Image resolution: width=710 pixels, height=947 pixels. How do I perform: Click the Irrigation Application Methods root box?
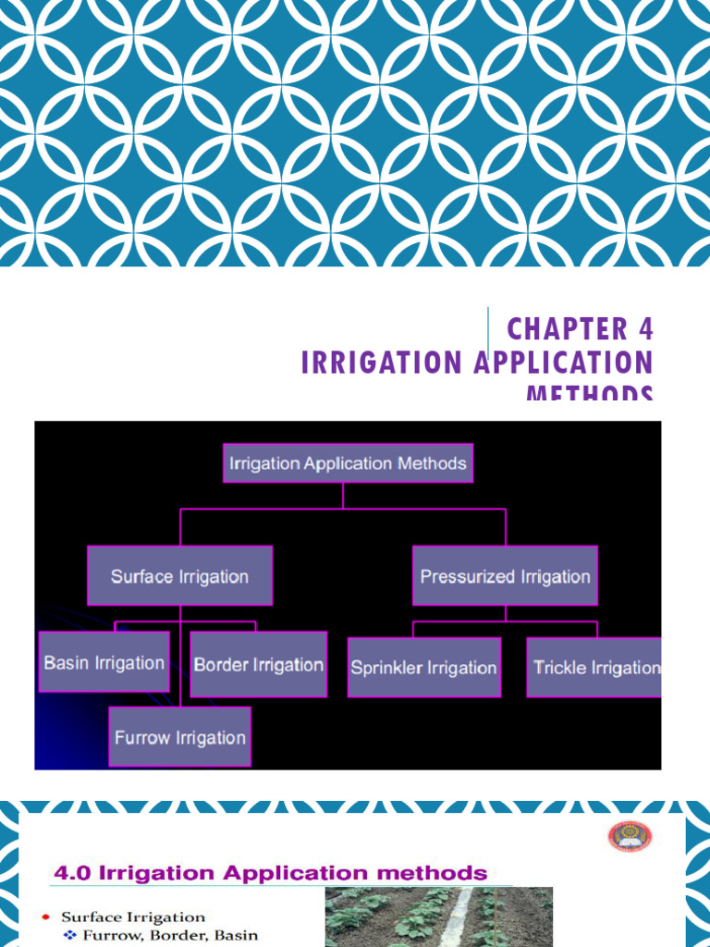(348, 462)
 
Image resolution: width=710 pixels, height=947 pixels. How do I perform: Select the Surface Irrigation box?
(180, 576)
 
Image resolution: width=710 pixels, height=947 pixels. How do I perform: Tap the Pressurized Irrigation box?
(505, 576)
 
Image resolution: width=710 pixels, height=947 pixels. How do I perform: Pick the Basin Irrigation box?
(104, 662)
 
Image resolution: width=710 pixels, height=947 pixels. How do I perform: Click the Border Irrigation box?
(258, 664)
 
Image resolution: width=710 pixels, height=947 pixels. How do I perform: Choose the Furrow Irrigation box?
(179, 737)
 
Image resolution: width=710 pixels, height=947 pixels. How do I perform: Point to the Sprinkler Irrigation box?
(424, 667)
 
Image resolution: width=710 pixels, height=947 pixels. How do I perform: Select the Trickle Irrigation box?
(595, 667)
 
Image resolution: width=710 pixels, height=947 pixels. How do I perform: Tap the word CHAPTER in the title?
(567, 329)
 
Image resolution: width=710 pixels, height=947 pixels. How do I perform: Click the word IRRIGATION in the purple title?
(381, 363)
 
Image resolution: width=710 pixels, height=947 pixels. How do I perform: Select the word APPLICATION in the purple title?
(564, 363)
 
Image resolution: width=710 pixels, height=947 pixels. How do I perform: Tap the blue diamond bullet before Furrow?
(68, 935)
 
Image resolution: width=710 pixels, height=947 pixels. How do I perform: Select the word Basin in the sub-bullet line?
(235, 935)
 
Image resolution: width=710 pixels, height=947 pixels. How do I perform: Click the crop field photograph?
(438, 916)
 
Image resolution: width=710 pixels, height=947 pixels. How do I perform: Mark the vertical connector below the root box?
(343, 496)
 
